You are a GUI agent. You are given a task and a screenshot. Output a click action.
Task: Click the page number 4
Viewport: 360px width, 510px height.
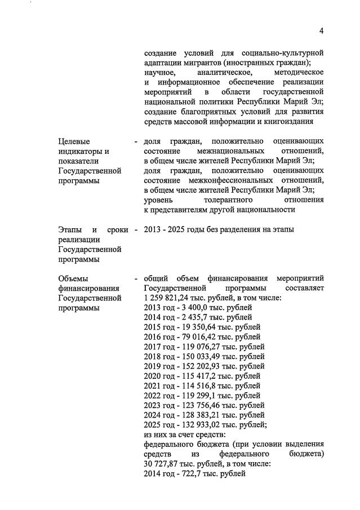click(x=321, y=30)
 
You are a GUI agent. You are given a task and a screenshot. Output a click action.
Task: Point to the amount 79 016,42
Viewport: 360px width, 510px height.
click(x=206, y=337)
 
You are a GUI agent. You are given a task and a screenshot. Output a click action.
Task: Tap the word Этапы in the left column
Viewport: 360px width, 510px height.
click(x=71, y=229)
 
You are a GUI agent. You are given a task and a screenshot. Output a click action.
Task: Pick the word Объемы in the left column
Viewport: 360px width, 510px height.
click(x=74, y=278)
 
